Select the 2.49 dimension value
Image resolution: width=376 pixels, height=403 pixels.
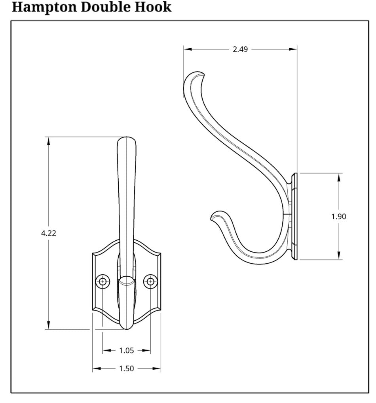pyautogui.click(x=240, y=49)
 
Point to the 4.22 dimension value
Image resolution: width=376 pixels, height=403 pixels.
pyautogui.click(x=49, y=233)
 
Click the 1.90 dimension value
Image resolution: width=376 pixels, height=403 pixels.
pyautogui.click(x=339, y=216)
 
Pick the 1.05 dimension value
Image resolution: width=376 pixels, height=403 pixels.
pyautogui.click(x=127, y=350)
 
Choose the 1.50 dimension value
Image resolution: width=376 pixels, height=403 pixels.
pyautogui.click(x=127, y=369)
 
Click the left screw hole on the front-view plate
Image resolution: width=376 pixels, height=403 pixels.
pyautogui.click(x=103, y=281)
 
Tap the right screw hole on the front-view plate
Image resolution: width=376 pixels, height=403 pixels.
pyautogui.click(x=150, y=281)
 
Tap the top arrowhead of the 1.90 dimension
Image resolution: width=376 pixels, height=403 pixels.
pyautogui.click(x=339, y=177)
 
